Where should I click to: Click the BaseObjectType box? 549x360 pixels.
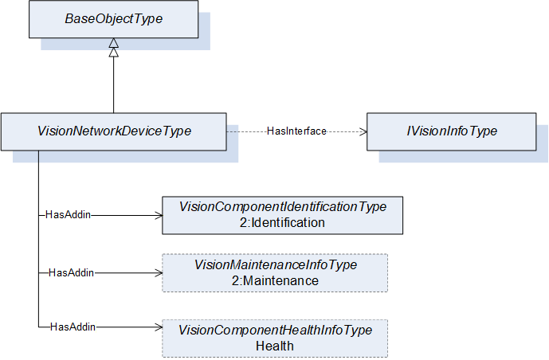click(x=113, y=19)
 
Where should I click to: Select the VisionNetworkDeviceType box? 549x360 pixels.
click(x=114, y=131)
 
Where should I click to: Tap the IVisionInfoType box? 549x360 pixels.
click(x=451, y=131)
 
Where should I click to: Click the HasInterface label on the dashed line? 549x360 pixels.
click(x=296, y=131)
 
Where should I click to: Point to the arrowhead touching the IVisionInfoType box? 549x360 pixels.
click(x=363, y=132)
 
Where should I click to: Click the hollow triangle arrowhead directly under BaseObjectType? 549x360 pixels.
click(x=113, y=43)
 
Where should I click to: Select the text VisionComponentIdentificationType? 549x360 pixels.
click(x=283, y=206)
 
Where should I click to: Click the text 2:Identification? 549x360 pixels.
click(x=282, y=222)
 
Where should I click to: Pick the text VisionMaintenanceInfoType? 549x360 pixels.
click(x=276, y=264)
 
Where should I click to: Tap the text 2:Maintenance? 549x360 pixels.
click(x=275, y=280)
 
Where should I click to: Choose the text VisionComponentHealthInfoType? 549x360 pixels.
click(x=275, y=330)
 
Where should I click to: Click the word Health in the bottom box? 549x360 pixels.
click(x=275, y=346)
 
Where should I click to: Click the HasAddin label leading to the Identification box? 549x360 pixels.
click(x=68, y=214)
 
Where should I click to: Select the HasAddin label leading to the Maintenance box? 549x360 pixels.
click(x=71, y=272)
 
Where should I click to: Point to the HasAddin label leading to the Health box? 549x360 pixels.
click(x=73, y=327)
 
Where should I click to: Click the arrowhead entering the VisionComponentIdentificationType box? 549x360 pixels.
click(x=159, y=216)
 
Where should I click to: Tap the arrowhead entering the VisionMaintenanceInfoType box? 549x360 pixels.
click(x=159, y=273)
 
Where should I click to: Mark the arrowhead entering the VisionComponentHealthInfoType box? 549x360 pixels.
click(x=159, y=327)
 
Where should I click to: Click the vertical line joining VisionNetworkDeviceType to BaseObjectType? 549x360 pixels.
click(x=113, y=84)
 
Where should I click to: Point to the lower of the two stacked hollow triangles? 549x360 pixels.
click(x=113, y=52)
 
